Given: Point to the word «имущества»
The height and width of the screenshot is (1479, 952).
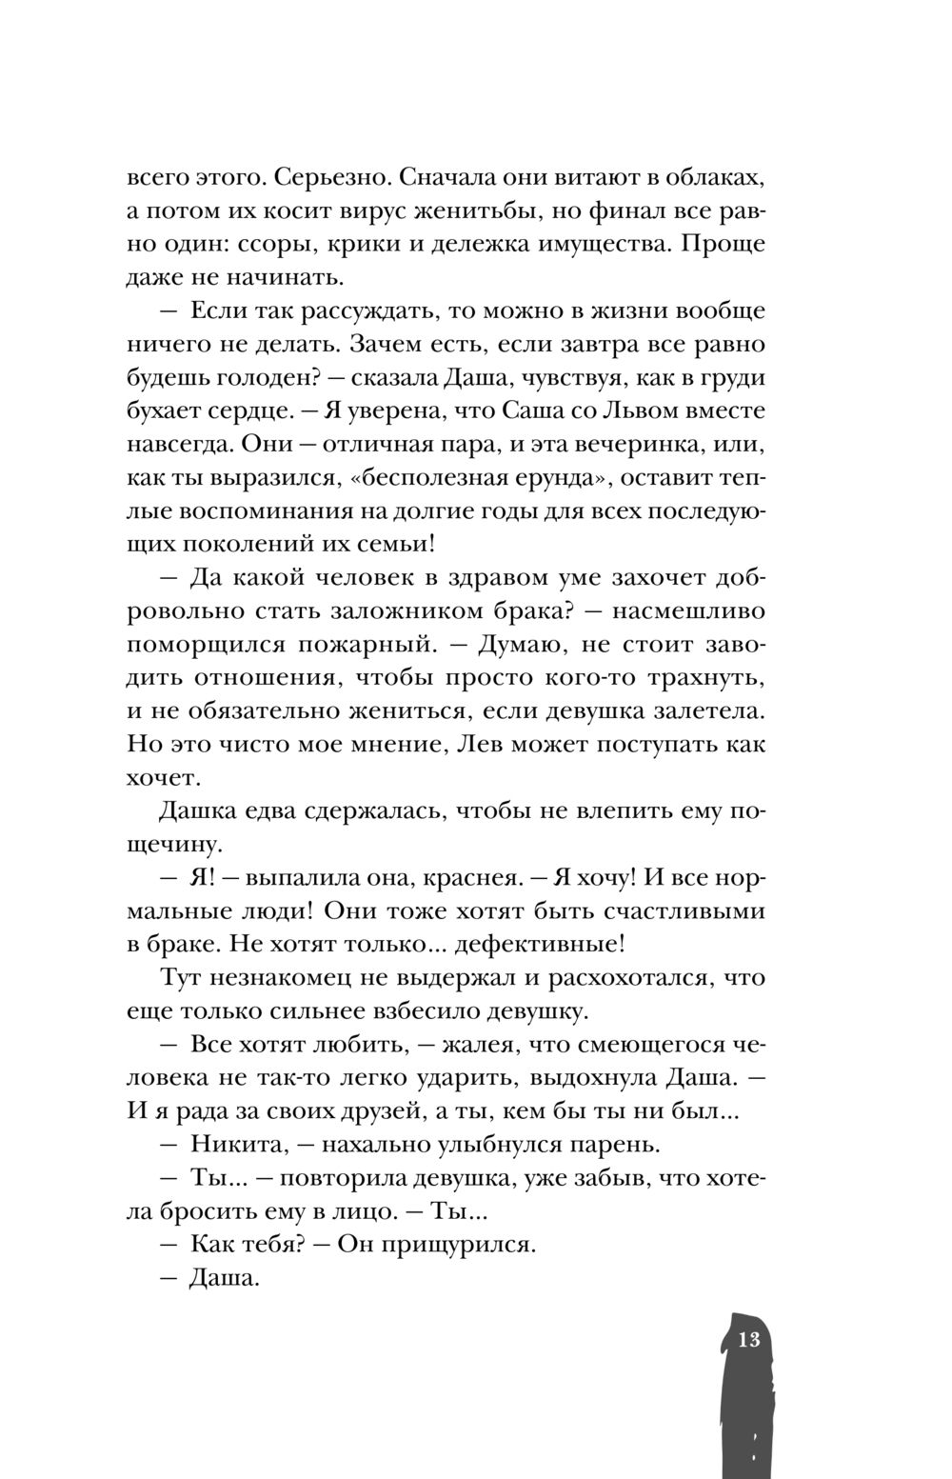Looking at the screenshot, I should (x=596, y=245).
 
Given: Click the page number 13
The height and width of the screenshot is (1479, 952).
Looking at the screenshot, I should (x=748, y=1340).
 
